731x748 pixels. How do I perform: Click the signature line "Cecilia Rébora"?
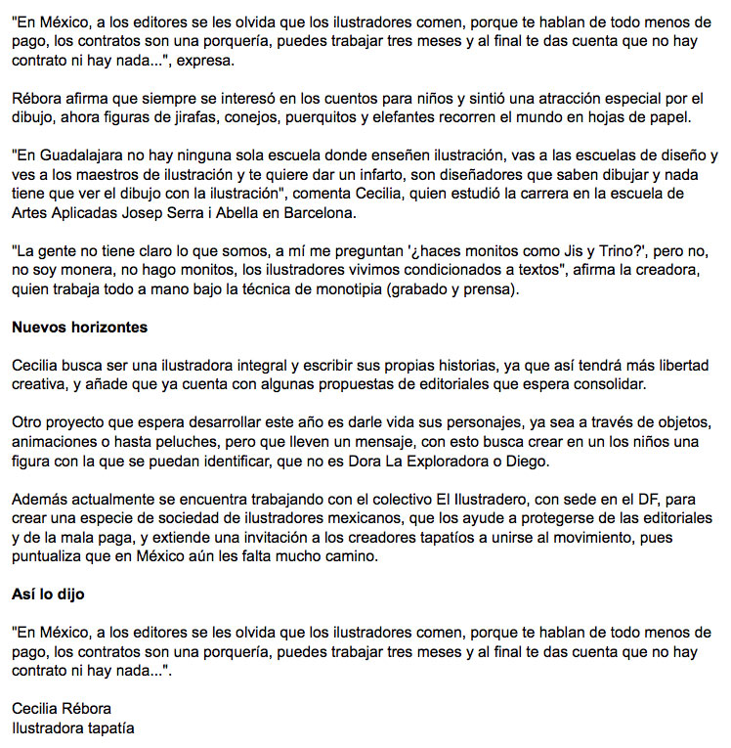click(62, 709)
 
